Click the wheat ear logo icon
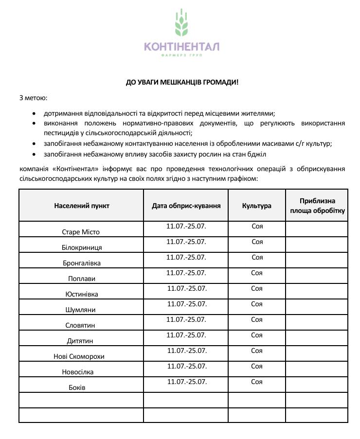click(181, 23)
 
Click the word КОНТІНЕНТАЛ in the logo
click(181, 47)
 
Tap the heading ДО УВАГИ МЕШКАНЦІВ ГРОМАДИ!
click(182, 82)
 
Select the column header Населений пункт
click(82, 206)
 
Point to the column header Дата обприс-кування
click(186, 206)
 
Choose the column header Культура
click(257, 206)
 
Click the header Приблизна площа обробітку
click(317, 206)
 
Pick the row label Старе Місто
click(81, 232)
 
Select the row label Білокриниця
click(82, 247)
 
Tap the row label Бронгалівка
click(82, 263)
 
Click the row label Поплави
click(82, 279)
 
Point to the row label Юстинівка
click(82, 294)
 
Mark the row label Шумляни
click(81, 310)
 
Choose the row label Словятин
click(81, 325)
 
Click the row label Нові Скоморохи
click(79, 356)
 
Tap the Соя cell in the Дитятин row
click(257, 335)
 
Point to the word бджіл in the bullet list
click(258, 154)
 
